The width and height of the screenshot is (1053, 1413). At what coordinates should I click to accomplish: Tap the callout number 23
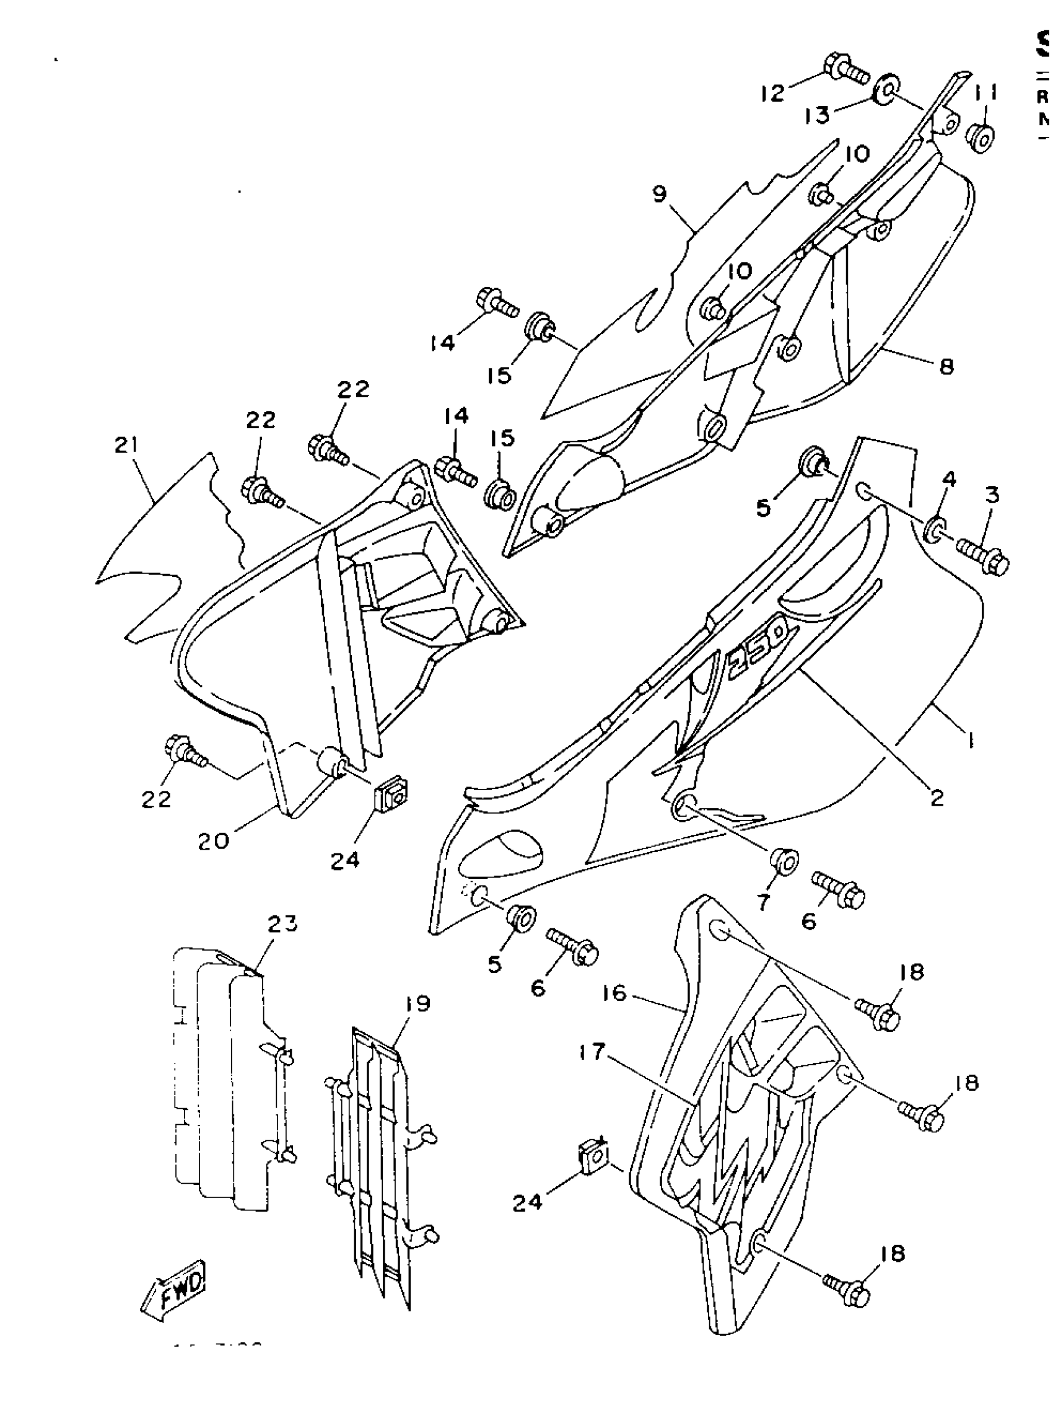(283, 924)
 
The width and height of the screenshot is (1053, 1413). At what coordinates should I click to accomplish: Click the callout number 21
(127, 445)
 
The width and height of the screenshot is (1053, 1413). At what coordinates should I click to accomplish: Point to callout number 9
(660, 194)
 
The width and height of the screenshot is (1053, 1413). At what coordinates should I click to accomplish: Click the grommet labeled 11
(981, 138)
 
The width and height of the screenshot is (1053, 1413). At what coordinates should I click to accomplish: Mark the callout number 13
(817, 115)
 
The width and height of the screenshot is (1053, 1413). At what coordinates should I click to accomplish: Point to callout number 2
(936, 797)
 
